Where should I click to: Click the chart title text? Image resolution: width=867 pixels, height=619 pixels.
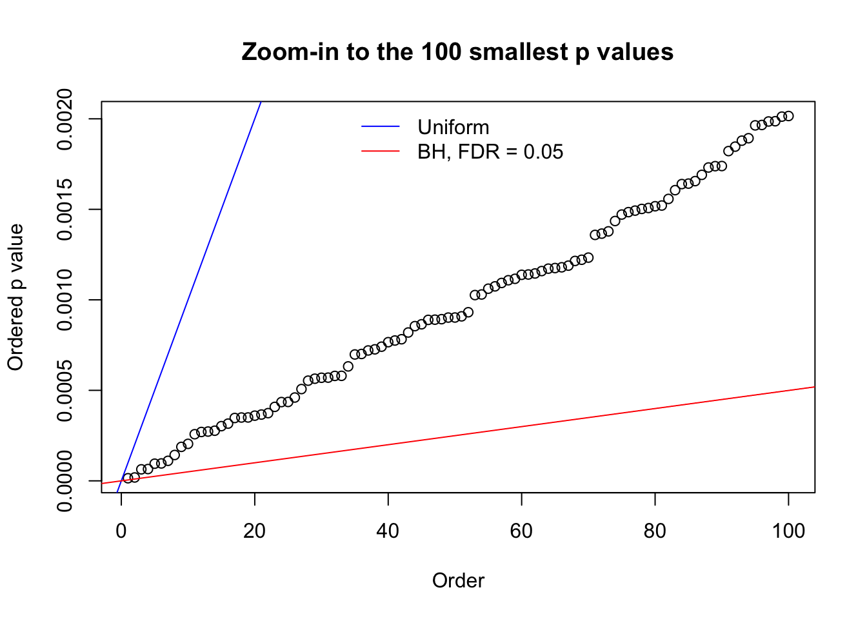tap(457, 52)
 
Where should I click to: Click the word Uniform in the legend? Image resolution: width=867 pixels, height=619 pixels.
tap(453, 127)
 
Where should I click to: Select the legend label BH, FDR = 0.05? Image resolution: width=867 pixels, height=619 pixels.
tap(490, 152)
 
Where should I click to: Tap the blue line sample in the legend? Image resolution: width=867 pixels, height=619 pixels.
tap(381, 127)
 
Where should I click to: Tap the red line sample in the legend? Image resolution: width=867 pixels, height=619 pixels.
tap(381, 152)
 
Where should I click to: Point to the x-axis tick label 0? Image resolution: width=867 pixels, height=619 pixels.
tap(121, 531)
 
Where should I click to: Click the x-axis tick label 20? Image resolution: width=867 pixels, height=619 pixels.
tap(255, 531)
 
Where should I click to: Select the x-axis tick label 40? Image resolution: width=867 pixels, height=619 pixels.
tap(388, 531)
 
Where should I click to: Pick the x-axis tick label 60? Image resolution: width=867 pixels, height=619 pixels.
tap(521, 531)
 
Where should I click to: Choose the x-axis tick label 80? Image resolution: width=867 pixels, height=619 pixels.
tap(655, 531)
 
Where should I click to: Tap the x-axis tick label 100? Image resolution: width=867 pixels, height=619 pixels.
tap(788, 531)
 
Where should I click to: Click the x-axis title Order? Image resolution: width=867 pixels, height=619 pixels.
tap(458, 580)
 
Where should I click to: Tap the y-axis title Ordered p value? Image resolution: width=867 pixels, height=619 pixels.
tap(15, 297)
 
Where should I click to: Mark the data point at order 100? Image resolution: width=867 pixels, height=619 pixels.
tap(788, 116)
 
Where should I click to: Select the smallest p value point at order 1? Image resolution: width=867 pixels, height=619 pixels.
tap(128, 478)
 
